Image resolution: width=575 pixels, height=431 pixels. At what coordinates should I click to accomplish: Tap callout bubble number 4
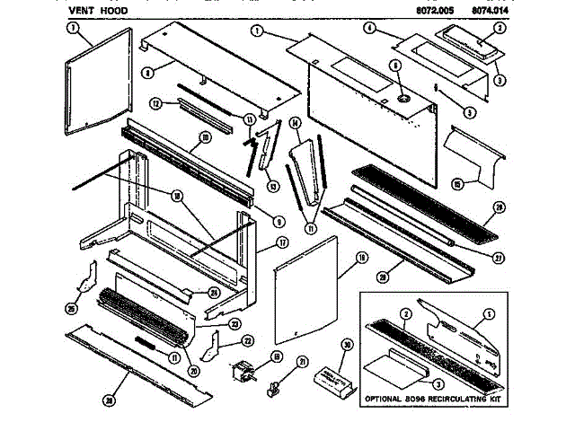click(369, 28)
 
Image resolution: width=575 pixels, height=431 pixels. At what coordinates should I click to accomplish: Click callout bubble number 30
click(347, 343)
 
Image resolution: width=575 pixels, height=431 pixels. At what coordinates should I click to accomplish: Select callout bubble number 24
click(214, 292)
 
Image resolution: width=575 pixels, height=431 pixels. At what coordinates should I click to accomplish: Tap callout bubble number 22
click(248, 340)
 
